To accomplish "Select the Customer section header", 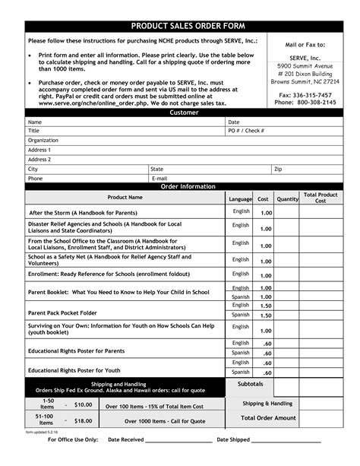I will click(x=184, y=113).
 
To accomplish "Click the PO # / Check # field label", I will click(x=247, y=131).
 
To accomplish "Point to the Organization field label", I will click(x=43, y=141).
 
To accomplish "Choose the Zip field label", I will click(x=278, y=169).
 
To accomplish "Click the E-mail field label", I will click(x=159, y=178).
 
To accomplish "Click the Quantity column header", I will click(x=288, y=198).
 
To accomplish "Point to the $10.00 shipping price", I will click(x=83, y=404).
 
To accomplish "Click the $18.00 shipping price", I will click(x=83, y=420).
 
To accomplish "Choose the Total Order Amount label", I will click(x=268, y=418).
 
